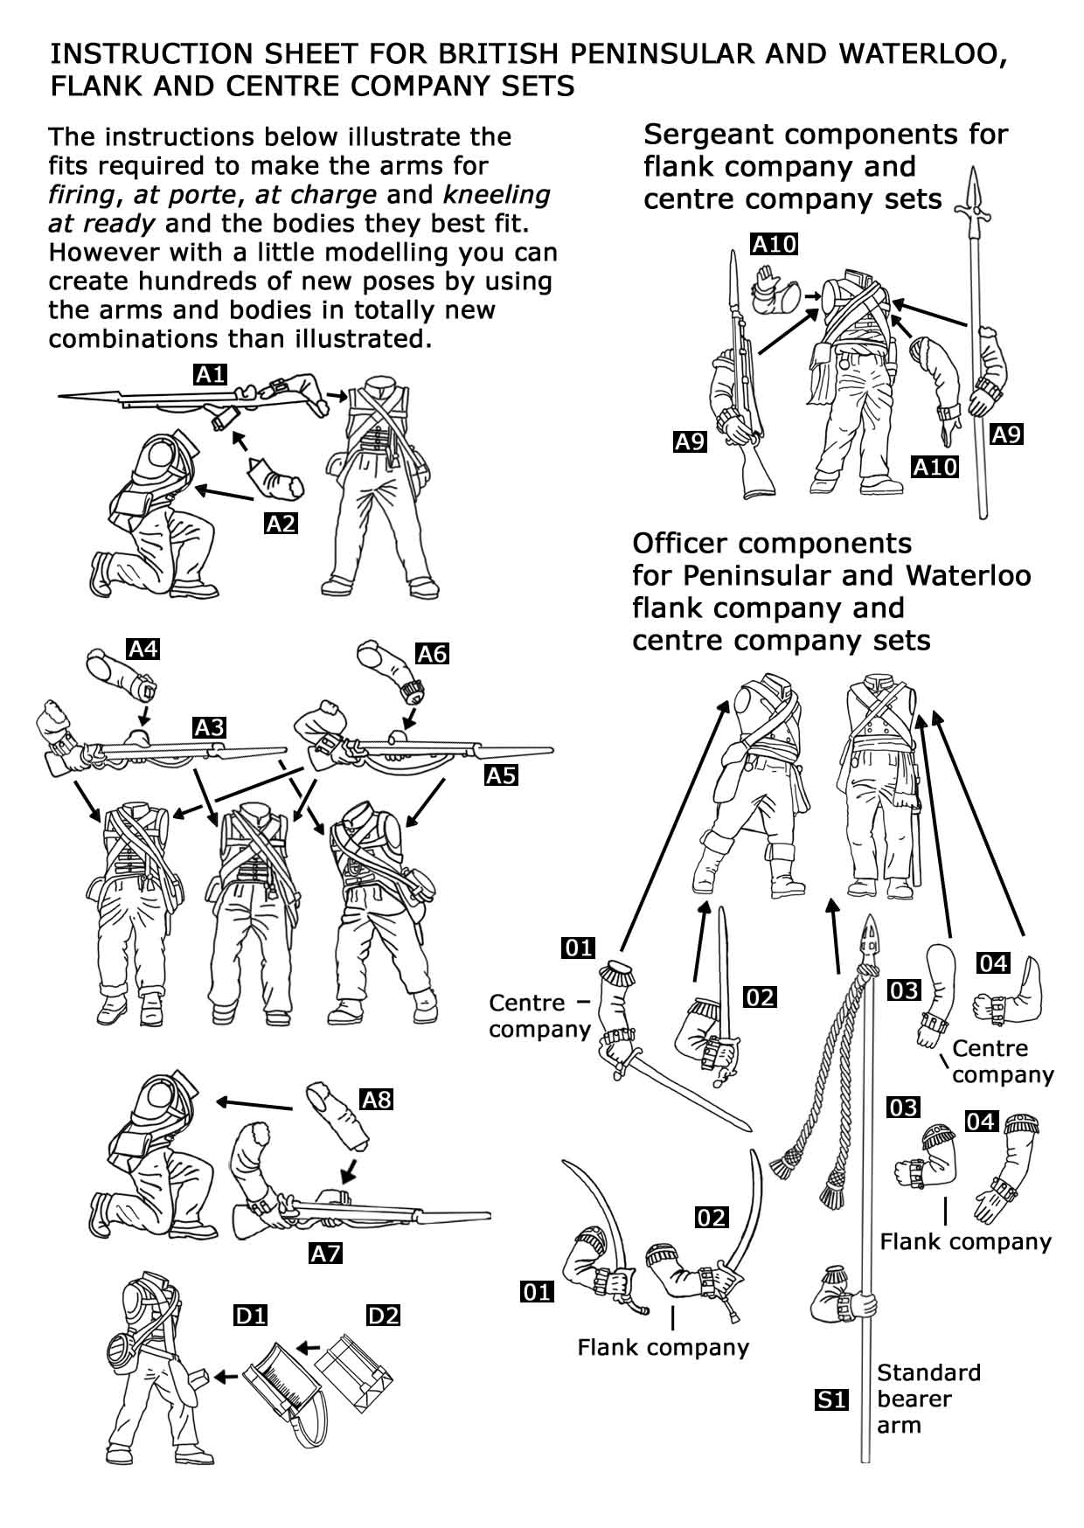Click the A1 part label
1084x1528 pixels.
point(210,375)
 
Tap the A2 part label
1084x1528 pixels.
point(281,524)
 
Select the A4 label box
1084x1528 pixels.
point(144,649)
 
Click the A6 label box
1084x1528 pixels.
point(432,653)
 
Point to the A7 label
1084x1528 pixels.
point(325,1254)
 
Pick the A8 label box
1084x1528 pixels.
point(377,1099)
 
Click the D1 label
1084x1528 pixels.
point(250,1315)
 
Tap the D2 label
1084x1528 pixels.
point(383,1314)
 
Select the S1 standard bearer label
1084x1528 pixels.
point(831,1400)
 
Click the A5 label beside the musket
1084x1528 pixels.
point(501,774)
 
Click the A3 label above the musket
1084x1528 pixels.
point(210,727)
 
